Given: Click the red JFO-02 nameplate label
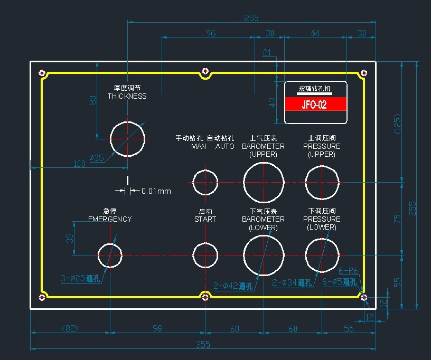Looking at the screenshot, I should (x=315, y=104).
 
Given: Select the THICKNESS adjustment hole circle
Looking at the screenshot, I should (x=127, y=139).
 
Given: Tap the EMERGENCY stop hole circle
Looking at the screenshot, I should (x=110, y=255).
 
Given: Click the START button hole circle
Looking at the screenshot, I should (x=205, y=255).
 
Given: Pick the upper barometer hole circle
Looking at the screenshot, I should (x=264, y=183).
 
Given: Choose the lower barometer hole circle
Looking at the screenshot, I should (x=264, y=255).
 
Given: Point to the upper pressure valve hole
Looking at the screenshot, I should (x=322, y=183).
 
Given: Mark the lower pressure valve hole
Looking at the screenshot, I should (x=322, y=255).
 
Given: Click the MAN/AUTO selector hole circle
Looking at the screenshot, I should (x=205, y=183).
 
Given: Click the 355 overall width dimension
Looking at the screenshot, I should (x=203, y=345).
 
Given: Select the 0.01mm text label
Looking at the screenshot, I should (x=156, y=191).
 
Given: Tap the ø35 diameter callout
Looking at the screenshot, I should (x=97, y=157).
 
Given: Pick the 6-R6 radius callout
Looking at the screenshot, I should (x=349, y=271).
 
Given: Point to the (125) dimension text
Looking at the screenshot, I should (x=398, y=122).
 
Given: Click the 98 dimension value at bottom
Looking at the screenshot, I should (x=157, y=329).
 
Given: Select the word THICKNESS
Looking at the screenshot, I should (x=127, y=96).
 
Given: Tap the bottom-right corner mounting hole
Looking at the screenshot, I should (x=364, y=298).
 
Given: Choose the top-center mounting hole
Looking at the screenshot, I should (x=205, y=71).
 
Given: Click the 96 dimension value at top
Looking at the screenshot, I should (x=211, y=33).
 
